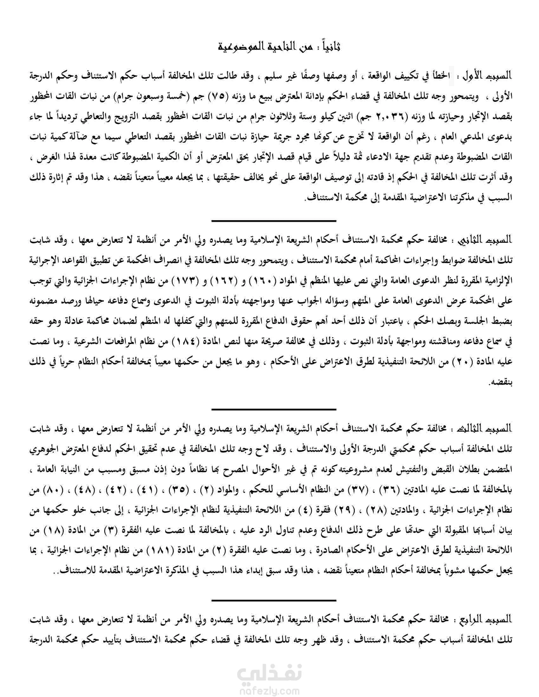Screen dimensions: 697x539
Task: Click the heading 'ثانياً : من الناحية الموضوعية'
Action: (x=279, y=47)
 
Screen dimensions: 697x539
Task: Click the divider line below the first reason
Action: (x=274, y=221)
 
